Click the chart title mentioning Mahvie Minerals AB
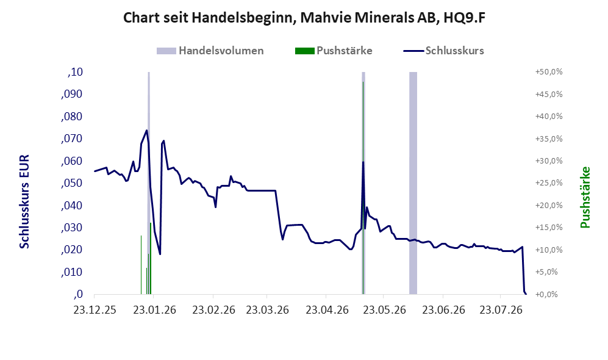(x=304, y=18)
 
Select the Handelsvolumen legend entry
(x=210, y=51)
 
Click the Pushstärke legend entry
(x=334, y=51)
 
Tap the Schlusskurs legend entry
(x=443, y=51)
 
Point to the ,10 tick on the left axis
(x=75, y=72)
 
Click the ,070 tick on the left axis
(x=72, y=139)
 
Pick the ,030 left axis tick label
(x=72, y=228)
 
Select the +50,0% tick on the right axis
(x=549, y=72)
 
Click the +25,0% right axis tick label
(x=549, y=183)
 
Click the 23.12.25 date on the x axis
(x=95, y=311)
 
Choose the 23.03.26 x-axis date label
(x=268, y=311)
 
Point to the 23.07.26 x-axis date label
(x=501, y=311)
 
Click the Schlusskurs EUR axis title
(x=24, y=202)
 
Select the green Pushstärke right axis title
(x=585, y=198)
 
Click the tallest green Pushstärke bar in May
(x=363, y=188)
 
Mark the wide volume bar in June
(x=413, y=183)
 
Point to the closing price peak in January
(x=146, y=131)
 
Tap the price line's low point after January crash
(x=160, y=254)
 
